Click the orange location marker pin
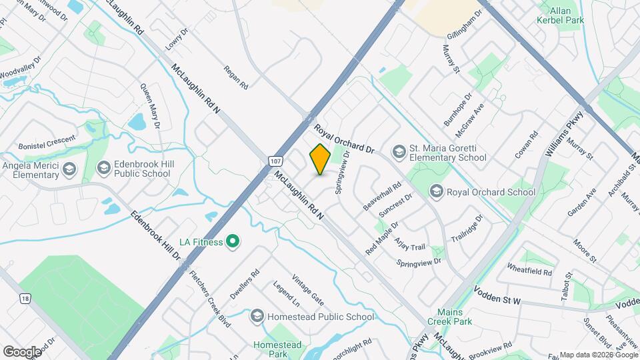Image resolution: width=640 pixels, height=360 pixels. pyautogui.click(x=320, y=160)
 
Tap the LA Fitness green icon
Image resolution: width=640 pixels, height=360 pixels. pyautogui.click(x=233, y=241)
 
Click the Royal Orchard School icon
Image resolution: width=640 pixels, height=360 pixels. pyautogui.click(x=437, y=192)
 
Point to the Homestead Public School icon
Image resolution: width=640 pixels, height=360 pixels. pyautogui.click(x=258, y=317)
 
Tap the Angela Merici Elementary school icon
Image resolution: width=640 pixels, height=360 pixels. pyautogui.click(x=69, y=170)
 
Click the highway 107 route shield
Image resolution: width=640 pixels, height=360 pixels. pyautogui.click(x=275, y=162)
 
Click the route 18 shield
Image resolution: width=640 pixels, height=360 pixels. pyautogui.click(x=25, y=297)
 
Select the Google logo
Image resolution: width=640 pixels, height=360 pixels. pyautogui.click(x=21, y=351)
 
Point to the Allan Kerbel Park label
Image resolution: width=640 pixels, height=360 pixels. pyautogui.click(x=556, y=15)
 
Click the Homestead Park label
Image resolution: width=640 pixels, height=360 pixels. pyautogui.click(x=278, y=349)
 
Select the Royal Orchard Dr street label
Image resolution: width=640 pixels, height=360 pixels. pyautogui.click(x=346, y=138)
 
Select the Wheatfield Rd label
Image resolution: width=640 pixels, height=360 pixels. pyautogui.click(x=529, y=272)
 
